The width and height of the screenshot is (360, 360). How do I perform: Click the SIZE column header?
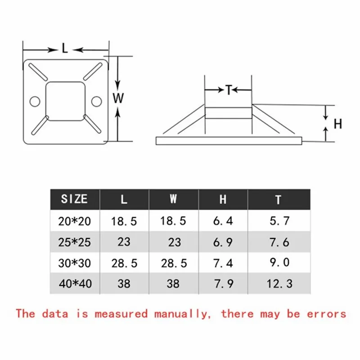[74, 199]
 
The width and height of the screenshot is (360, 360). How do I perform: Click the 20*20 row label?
[74, 220]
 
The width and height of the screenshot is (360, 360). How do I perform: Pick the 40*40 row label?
[74, 283]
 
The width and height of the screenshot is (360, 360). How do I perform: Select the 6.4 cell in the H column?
[223, 220]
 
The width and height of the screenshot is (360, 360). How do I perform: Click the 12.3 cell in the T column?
[279, 283]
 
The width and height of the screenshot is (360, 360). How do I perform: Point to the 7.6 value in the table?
[279, 242]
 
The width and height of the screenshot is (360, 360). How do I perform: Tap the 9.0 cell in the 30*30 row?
[279, 262]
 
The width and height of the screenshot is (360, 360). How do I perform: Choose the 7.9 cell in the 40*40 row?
[223, 283]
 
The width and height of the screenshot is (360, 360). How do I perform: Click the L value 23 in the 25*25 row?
[124, 242]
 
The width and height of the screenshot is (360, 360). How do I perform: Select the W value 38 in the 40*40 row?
[173, 283]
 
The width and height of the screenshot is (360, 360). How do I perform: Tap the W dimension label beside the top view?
[118, 99]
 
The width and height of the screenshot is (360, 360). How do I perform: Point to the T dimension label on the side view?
[228, 90]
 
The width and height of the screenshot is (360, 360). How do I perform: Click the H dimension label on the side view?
[338, 123]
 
